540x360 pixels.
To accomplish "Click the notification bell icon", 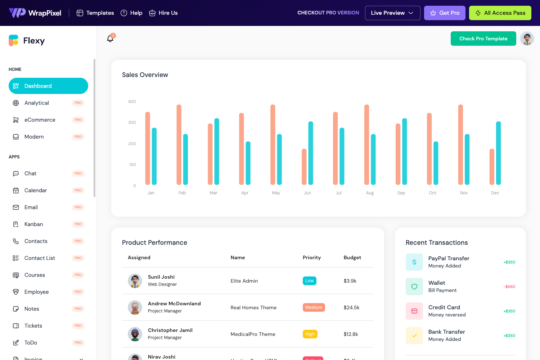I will click(110, 39).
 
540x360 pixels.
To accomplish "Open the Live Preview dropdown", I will click(392, 13).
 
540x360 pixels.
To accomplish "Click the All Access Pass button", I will click(500, 13).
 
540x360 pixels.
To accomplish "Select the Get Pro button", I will click(445, 13).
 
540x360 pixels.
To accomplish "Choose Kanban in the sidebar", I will click(33, 224).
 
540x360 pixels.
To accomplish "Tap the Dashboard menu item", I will click(48, 86).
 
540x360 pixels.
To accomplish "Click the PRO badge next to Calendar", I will click(78, 190).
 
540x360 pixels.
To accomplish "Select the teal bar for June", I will click(311, 153).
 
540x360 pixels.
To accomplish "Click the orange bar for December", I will click(492, 167).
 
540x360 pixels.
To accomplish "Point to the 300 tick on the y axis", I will click(132, 122).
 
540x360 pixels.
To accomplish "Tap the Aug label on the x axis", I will click(370, 193).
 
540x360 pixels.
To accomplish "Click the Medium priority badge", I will click(314, 307).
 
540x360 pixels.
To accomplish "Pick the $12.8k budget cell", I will click(351, 334).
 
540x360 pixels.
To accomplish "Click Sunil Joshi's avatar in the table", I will click(135, 281).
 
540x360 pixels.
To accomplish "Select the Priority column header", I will click(311, 257).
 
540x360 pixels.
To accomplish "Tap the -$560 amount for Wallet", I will click(509, 287).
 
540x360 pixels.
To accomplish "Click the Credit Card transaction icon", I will click(414, 311).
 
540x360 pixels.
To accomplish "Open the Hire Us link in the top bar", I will click(163, 13).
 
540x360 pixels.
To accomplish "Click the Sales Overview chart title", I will click(145, 75).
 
